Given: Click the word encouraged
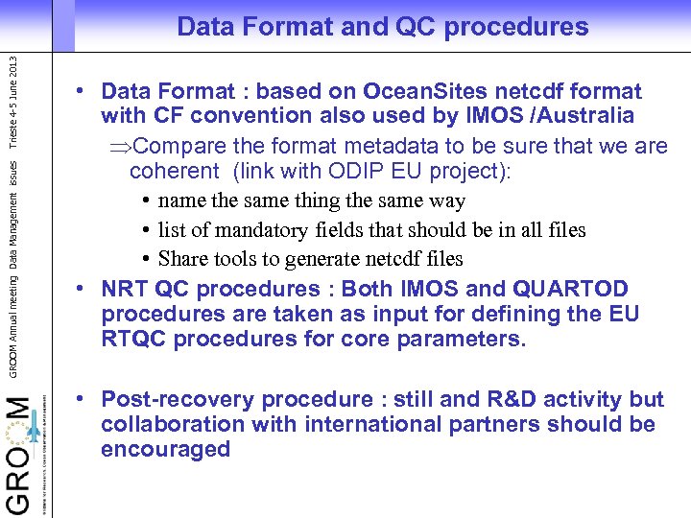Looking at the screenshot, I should click(165, 449).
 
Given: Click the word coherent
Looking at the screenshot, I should click(174, 172).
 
